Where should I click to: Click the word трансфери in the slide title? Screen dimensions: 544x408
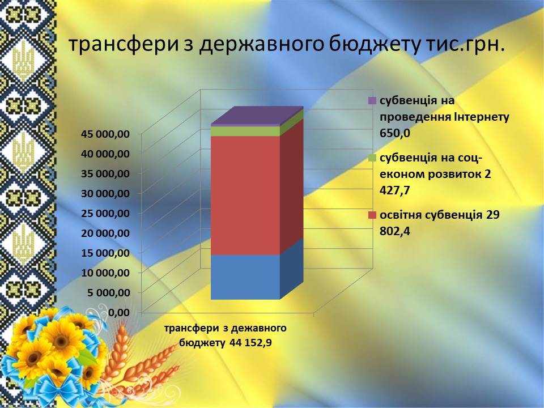(122, 45)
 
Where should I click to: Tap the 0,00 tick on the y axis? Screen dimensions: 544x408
(120, 313)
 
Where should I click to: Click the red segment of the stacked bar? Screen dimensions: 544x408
(245, 195)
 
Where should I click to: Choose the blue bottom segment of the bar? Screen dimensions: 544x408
(245, 277)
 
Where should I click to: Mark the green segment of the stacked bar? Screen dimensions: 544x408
(245, 131)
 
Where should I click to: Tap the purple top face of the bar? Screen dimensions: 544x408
(257, 115)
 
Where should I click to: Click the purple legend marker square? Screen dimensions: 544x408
(372, 101)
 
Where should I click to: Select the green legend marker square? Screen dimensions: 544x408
(372, 158)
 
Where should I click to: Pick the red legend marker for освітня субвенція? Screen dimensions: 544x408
(372, 215)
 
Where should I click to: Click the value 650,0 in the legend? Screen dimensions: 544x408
(395, 133)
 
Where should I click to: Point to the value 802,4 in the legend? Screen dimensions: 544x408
(395, 231)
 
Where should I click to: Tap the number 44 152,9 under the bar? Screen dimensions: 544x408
(250, 343)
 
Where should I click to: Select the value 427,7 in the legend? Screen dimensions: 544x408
(395, 190)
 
